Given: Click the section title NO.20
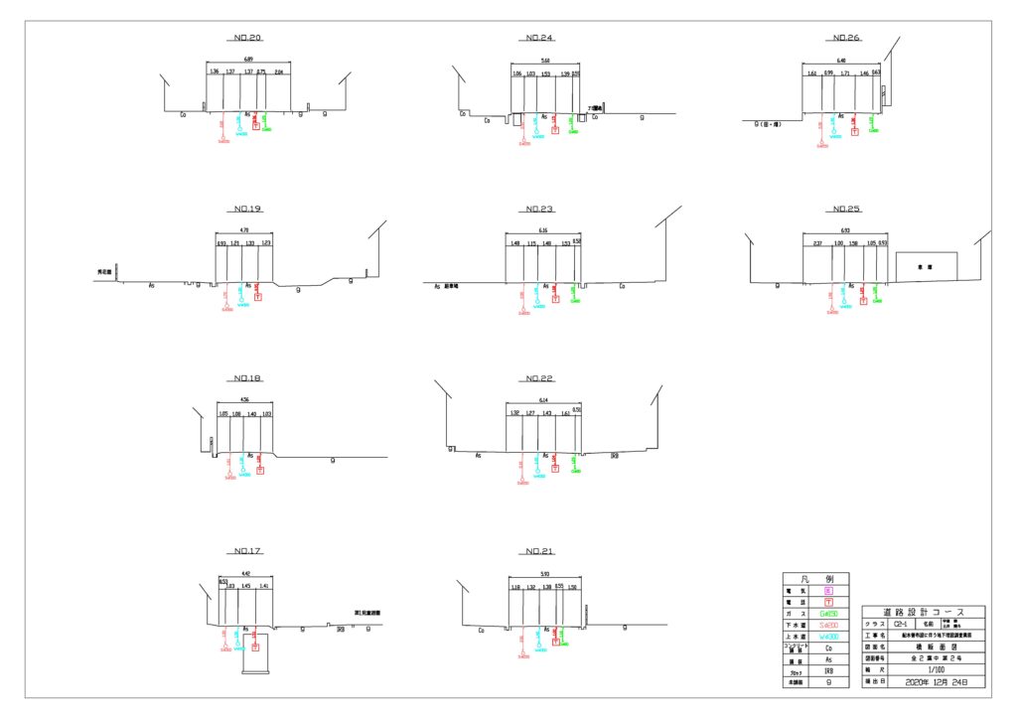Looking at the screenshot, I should click(x=247, y=39).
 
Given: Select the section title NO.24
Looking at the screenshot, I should click(x=540, y=39).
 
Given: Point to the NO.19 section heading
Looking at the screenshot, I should click(x=247, y=210).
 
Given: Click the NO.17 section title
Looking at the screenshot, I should click(x=247, y=551).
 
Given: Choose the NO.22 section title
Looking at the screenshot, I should click(x=540, y=378).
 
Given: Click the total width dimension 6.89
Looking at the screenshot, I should click(x=247, y=62).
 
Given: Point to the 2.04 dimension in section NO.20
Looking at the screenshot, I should click(x=278, y=72).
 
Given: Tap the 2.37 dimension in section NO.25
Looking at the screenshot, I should click(x=816, y=243).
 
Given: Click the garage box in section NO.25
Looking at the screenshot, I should click(x=926, y=267).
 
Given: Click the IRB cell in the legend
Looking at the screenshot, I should click(x=829, y=671).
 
